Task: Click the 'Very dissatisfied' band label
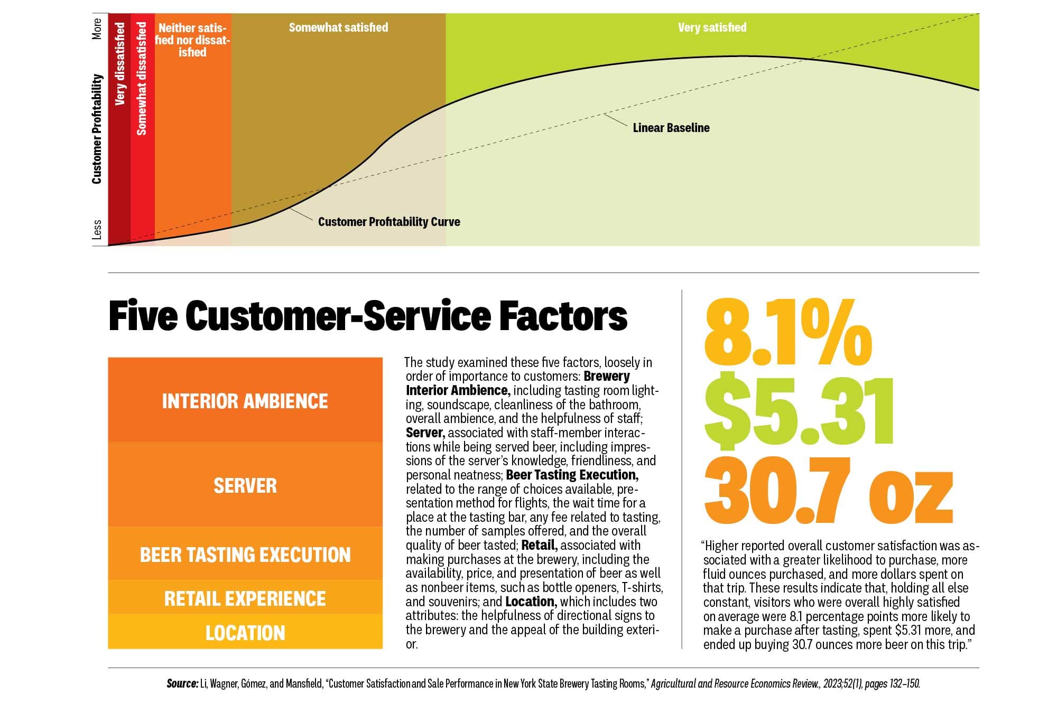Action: (x=120, y=63)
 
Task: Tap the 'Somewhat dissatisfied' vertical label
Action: (x=142, y=78)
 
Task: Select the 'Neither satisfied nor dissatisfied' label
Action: (x=192, y=40)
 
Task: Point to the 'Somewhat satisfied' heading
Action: (x=338, y=27)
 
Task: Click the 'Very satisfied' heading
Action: (x=712, y=27)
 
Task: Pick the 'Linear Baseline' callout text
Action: (x=671, y=128)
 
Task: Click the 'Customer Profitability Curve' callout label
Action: (x=389, y=222)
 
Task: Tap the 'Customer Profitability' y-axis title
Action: (x=97, y=129)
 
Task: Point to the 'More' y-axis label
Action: (x=97, y=29)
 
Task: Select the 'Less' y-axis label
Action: (x=97, y=230)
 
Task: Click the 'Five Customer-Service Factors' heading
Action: (x=368, y=316)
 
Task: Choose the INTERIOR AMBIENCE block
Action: (x=245, y=401)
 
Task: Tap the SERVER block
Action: (x=245, y=485)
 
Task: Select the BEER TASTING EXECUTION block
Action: (x=245, y=555)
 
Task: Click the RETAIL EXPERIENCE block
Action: (x=245, y=598)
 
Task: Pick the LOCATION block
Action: (x=245, y=633)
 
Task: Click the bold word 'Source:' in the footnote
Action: (x=182, y=683)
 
